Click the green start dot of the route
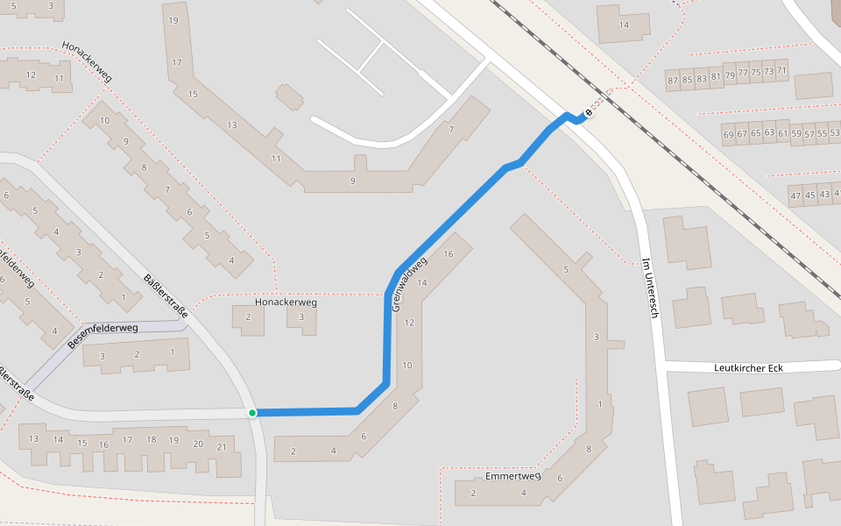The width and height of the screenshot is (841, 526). pos(252,412)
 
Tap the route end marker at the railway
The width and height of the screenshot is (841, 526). pos(590,111)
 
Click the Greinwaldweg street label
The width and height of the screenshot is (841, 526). pos(409,284)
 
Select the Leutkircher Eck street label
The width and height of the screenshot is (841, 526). pos(747,367)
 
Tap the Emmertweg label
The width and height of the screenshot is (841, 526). pos(512,477)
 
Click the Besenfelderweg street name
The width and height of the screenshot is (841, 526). pos(102,334)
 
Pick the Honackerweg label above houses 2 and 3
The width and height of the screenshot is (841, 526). pos(286,302)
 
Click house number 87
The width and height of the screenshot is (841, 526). pos(673,81)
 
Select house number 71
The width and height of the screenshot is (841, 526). pos(781,71)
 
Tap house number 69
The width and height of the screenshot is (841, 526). pos(729,135)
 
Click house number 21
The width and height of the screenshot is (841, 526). pos(222,448)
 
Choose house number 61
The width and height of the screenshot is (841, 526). pos(784,133)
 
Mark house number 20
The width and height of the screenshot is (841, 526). pos(198,444)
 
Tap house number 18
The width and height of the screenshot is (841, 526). pos(151,439)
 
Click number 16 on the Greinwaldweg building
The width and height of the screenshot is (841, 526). pos(449,254)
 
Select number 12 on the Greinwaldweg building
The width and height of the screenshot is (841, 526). pos(409,323)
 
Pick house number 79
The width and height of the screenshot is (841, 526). pos(730,75)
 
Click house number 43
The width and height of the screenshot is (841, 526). pos(824,195)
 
